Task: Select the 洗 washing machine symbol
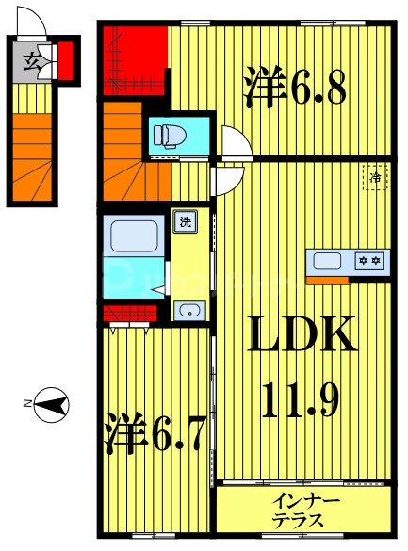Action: click(x=184, y=222)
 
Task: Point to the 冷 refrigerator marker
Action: click(x=375, y=176)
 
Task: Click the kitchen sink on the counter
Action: click(x=327, y=261)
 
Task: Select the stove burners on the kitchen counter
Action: click(x=368, y=261)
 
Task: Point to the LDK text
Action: click(x=302, y=336)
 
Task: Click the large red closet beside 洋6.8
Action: click(x=135, y=58)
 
